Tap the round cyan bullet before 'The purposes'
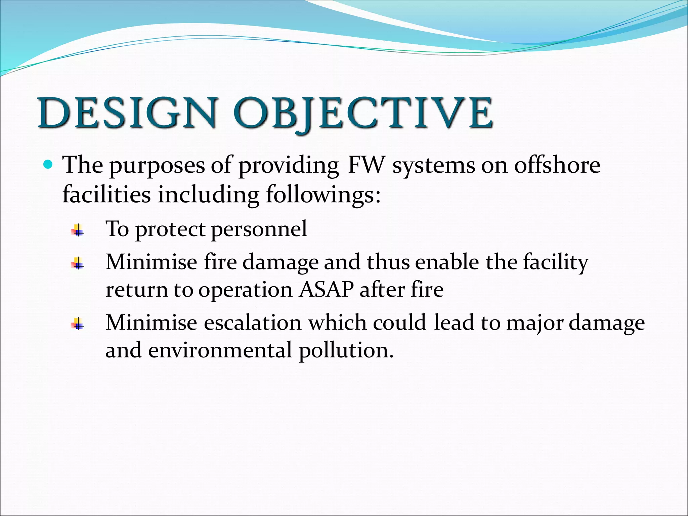(49, 165)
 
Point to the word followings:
(323, 195)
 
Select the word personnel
(259, 229)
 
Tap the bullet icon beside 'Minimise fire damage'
(78, 263)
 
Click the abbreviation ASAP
(326, 289)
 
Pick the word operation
(245, 290)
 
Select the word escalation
(252, 323)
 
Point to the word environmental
(220, 350)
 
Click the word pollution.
(346, 350)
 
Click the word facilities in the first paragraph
(106, 195)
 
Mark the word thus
(388, 262)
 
